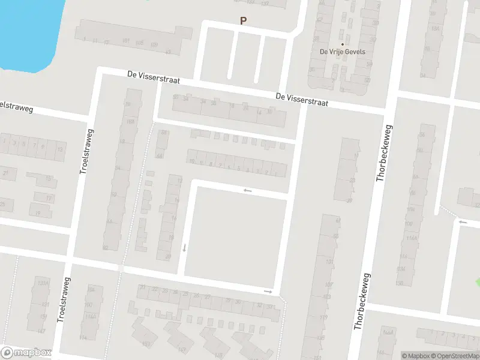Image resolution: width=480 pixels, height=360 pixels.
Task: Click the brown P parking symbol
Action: (x=244, y=20)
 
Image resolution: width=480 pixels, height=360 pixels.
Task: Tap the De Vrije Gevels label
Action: (x=343, y=52)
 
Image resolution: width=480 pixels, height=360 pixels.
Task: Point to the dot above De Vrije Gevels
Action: (x=343, y=44)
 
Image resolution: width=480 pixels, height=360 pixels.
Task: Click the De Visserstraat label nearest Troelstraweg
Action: (x=154, y=77)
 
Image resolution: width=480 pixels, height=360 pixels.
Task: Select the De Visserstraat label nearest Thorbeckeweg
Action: (x=302, y=99)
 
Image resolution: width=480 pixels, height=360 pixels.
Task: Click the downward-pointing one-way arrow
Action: (x=185, y=247)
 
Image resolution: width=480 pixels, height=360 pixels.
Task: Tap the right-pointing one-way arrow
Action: (x=268, y=292)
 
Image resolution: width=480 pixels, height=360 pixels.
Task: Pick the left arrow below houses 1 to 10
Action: (x=247, y=191)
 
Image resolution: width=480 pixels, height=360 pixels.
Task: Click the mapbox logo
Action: (x=26, y=353)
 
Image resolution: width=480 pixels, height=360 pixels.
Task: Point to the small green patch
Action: (x=477, y=282)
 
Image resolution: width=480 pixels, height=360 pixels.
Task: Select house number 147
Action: (x=41, y=331)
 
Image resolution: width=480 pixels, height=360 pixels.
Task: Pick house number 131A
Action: (x=41, y=283)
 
